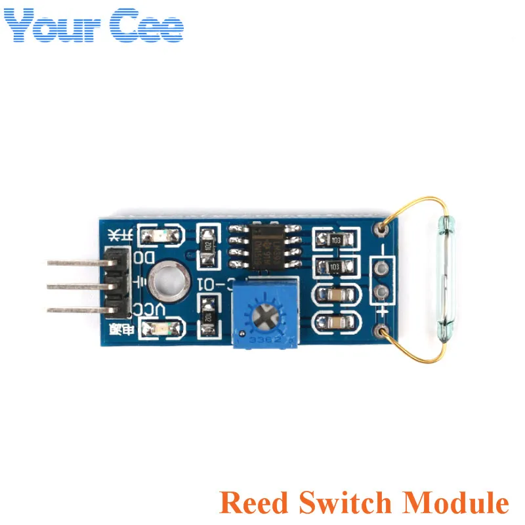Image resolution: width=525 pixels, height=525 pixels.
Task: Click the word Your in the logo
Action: (52, 26)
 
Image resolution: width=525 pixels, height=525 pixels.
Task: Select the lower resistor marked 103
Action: (333, 267)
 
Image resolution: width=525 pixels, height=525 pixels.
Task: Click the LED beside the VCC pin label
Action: (159, 329)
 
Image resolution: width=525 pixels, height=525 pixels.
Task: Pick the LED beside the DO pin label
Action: (159, 234)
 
